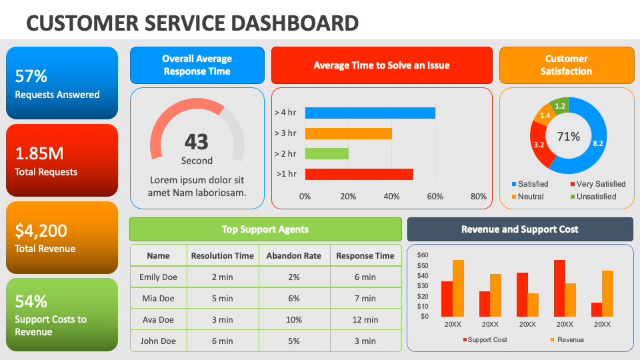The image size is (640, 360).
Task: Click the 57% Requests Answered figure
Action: click(31, 76)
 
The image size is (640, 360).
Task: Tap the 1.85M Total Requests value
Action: click(39, 153)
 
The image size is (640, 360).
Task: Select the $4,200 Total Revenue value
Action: click(41, 231)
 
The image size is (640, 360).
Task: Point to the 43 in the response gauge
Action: click(197, 141)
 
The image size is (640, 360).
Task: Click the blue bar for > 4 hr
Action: click(370, 113)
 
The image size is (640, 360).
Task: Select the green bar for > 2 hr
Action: click(327, 154)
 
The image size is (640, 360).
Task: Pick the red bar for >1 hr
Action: click(359, 174)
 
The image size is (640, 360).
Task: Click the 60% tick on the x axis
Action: click(435, 197)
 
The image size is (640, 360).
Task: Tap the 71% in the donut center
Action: click(569, 137)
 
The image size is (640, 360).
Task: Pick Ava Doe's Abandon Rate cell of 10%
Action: click(293, 319)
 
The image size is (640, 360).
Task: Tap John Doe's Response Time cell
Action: click(365, 341)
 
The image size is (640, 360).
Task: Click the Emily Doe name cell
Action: click(158, 277)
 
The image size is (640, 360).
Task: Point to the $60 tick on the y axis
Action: click(423, 255)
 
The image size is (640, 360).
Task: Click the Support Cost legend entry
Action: click(485, 340)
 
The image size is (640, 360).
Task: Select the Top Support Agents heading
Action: click(265, 229)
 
